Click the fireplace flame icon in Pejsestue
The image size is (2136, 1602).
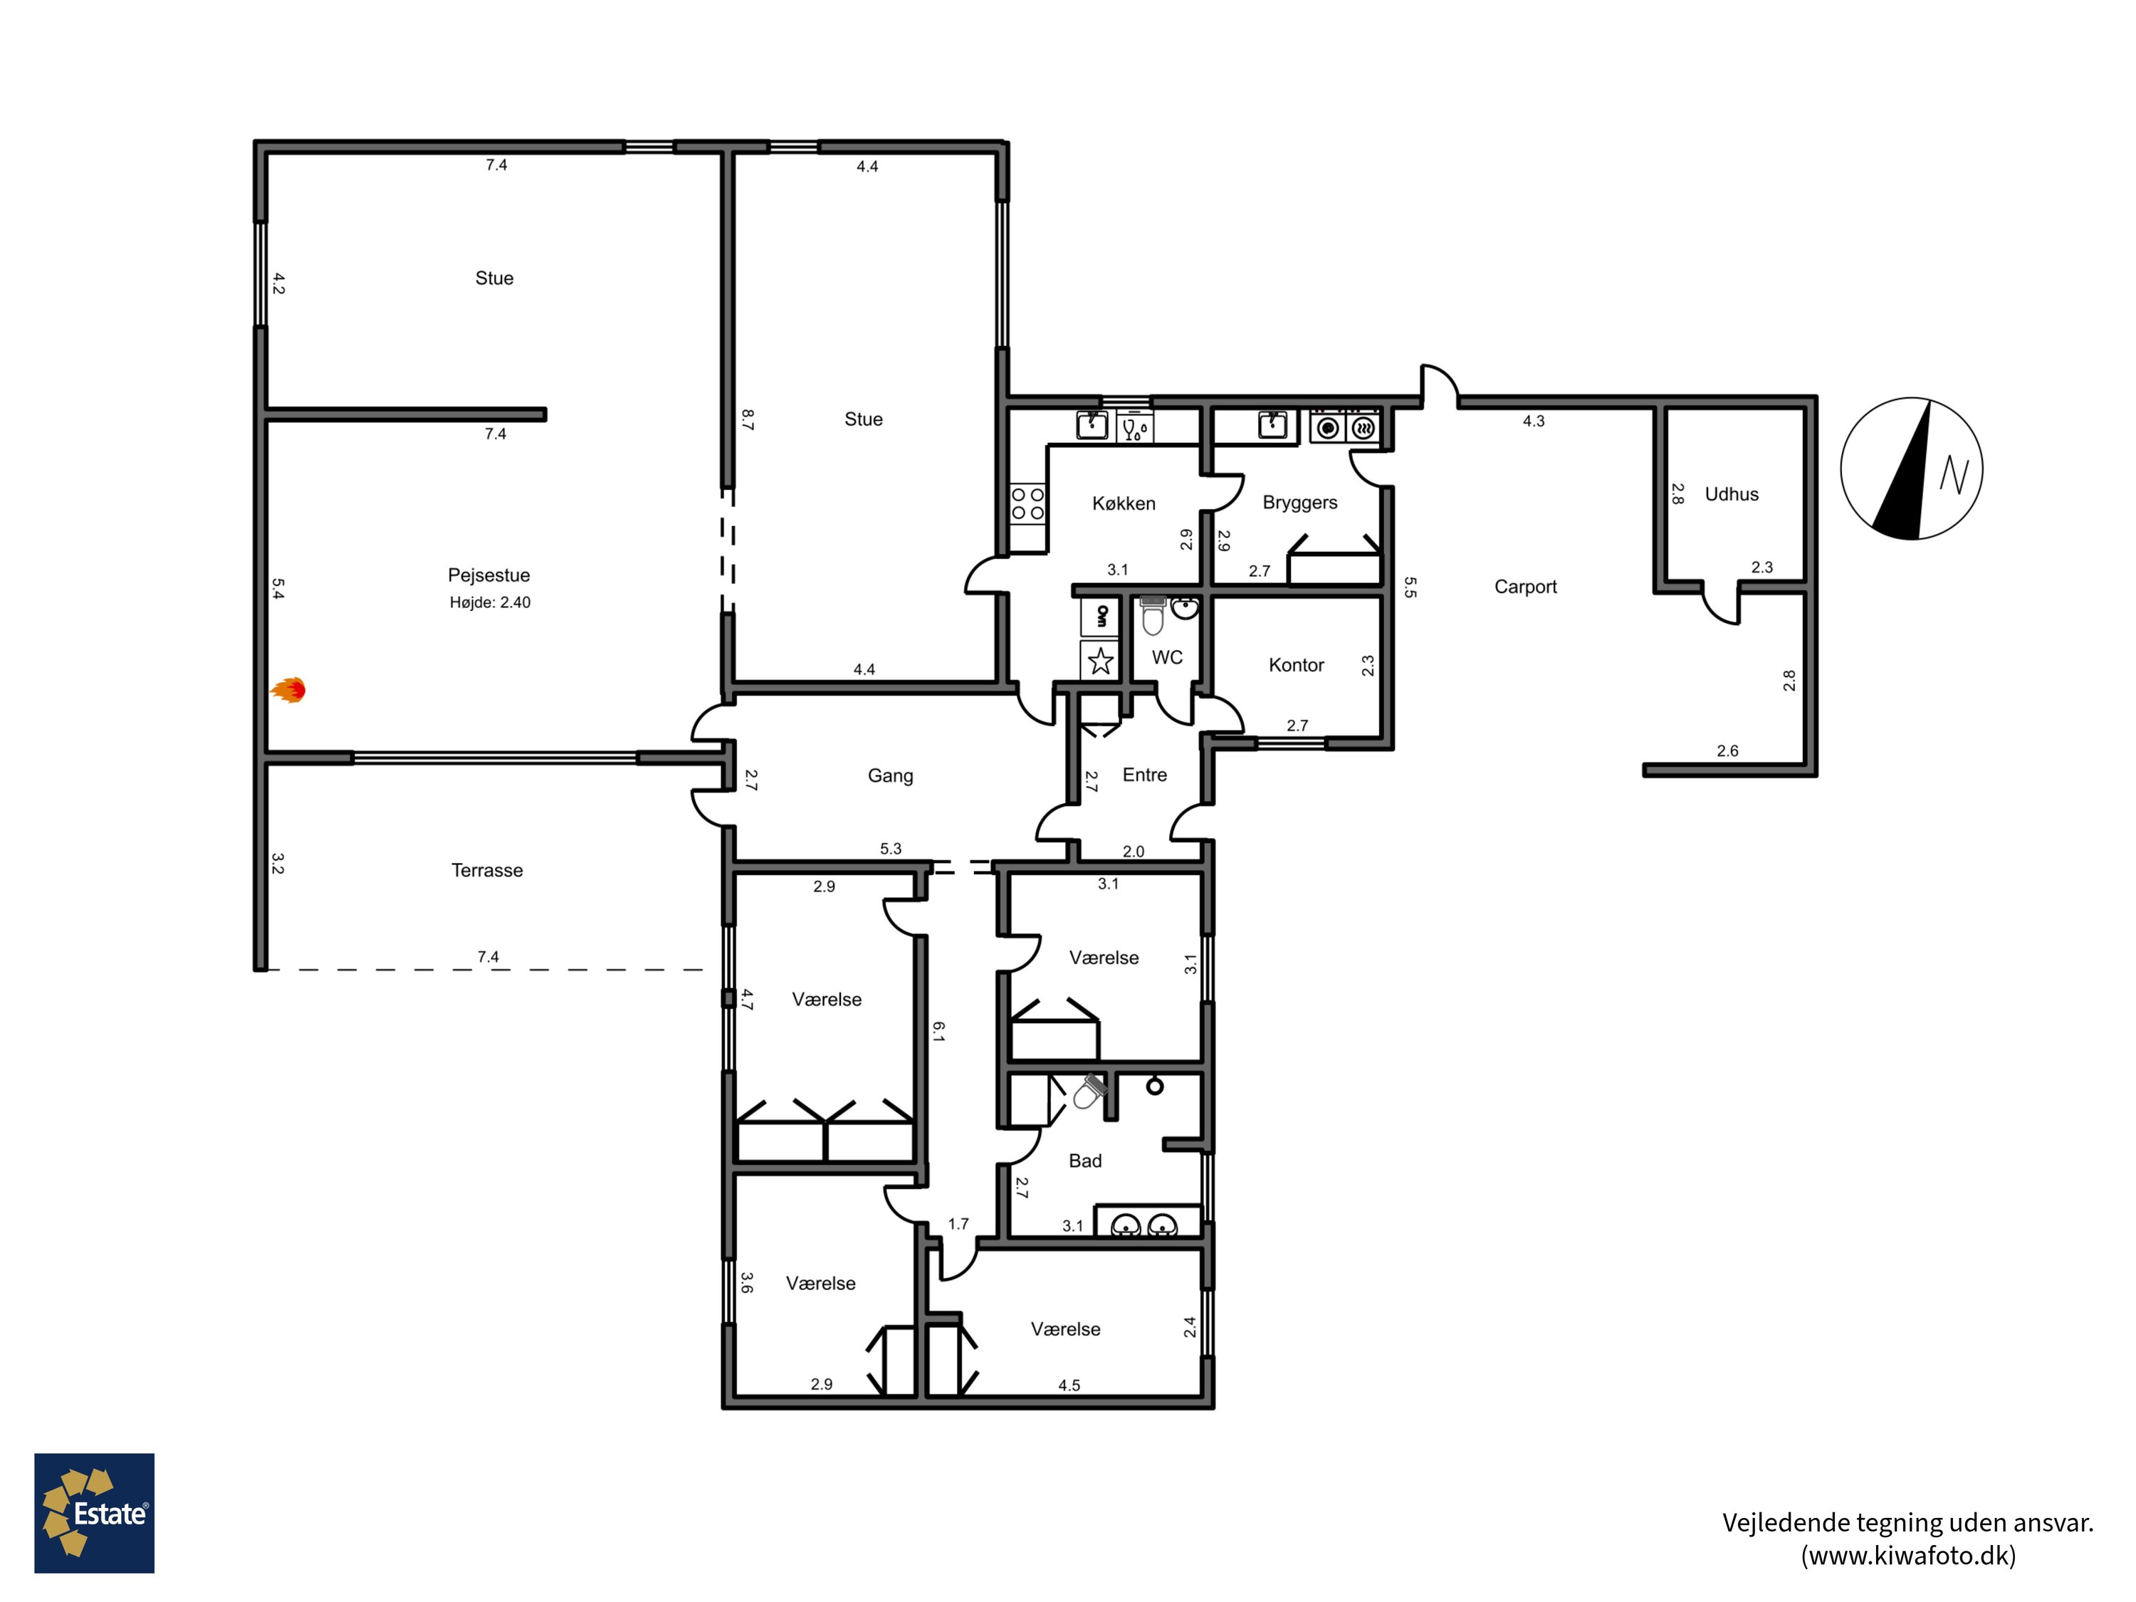[x=288, y=689]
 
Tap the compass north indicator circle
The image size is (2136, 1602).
[x=1911, y=468]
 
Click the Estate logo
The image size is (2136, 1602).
[x=95, y=1513]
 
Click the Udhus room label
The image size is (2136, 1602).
[x=1732, y=494]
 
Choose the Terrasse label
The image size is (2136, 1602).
[x=487, y=870]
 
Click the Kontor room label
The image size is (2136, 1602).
[x=1296, y=664]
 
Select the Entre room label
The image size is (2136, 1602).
[x=1144, y=775]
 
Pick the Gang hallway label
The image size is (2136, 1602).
[x=890, y=776]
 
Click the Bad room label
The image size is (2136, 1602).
[x=1084, y=1161]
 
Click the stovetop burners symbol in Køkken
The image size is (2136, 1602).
[x=1027, y=503]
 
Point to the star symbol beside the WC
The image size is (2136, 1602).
[x=1100, y=661]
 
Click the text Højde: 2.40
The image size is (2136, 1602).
[x=490, y=602]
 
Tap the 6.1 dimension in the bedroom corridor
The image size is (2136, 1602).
[x=938, y=1031]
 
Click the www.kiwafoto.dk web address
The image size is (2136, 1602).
[x=1908, y=1556]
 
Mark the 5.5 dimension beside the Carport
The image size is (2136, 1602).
[x=1410, y=587]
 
